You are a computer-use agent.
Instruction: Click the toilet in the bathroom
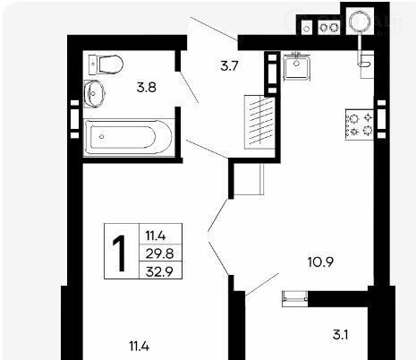point(106,64)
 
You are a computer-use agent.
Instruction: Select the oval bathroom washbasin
point(94,93)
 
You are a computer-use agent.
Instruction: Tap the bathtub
point(129,137)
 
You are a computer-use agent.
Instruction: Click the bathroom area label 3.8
point(147,88)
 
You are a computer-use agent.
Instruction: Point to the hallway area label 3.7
point(229,65)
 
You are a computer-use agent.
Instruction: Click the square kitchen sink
point(297,67)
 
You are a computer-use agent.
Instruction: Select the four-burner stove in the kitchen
point(360,124)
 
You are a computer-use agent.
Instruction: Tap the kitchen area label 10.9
point(320,262)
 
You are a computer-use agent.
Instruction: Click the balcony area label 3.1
point(341,335)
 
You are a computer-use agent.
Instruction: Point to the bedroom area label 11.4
point(140,347)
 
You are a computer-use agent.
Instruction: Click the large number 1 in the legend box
point(120,253)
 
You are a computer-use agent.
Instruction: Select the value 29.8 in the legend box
point(159,254)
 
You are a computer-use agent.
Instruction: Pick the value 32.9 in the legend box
point(159,272)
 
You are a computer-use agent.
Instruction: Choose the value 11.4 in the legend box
point(156,236)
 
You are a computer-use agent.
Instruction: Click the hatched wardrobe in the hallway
point(259,122)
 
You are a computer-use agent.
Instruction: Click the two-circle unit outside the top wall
point(329,28)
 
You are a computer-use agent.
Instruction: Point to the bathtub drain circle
point(102,137)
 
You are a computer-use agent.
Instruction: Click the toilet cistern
point(93,64)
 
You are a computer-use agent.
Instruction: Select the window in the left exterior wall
point(74,119)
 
